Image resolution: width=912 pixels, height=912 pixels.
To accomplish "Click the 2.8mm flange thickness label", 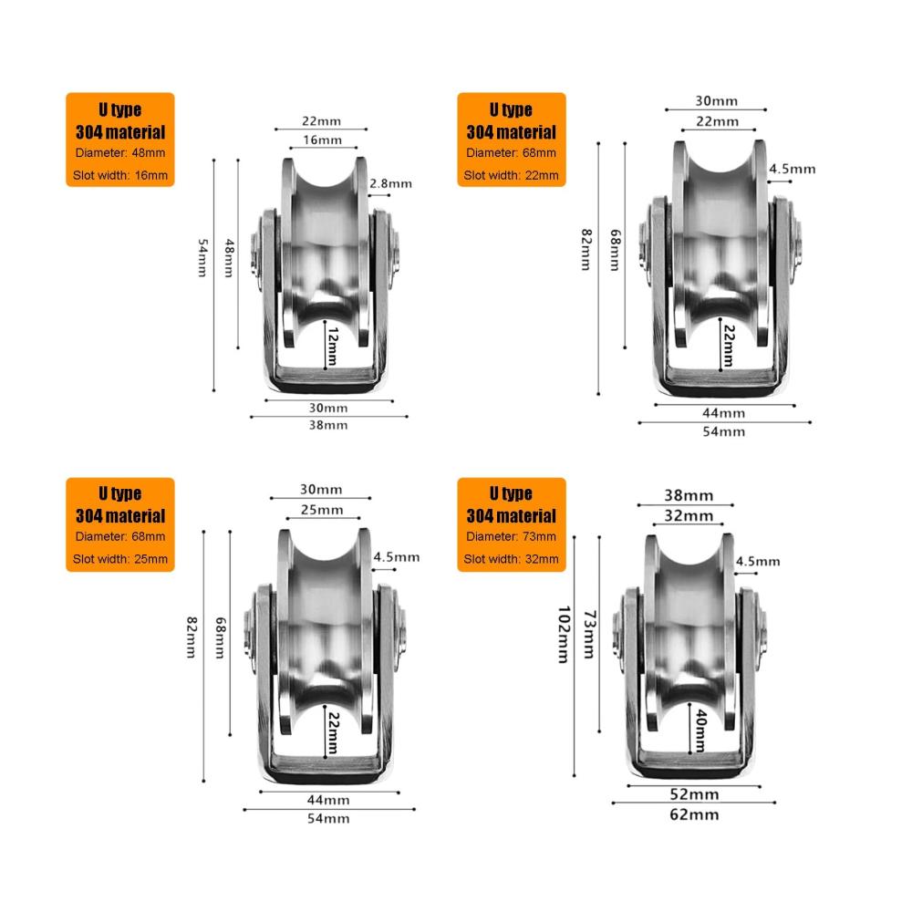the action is pyautogui.click(x=391, y=184).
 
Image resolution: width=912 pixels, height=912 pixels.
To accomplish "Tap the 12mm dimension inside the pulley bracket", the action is pyautogui.click(x=333, y=346).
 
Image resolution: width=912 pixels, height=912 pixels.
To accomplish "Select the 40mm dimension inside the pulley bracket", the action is pyautogui.click(x=701, y=731).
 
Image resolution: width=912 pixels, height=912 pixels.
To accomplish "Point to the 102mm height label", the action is pyautogui.click(x=564, y=635).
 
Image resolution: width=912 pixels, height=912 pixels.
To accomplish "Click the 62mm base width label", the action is pyautogui.click(x=694, y=814).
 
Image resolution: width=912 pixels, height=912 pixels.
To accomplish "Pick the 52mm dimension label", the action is pyautogui.click(x=694, y=794).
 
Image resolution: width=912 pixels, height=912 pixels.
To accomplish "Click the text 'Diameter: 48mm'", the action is pyautogui.click(x=120, y=153).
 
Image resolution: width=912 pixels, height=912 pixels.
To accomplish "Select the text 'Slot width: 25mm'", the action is pyautogui.click(x=120, y=559).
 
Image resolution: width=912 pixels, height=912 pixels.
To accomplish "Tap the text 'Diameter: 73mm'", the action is pyautogui.click(x=512, y=536).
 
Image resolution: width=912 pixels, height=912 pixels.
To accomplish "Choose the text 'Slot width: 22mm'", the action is pyautogui.click(x=512, y=175).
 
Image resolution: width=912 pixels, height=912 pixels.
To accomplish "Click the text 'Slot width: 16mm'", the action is pyautogui.click(x=120, y=175).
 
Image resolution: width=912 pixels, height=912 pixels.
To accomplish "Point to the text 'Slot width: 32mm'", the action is pyautogui.click(x=512, y=559).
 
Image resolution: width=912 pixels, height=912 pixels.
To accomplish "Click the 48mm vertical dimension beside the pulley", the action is pyautogui.click(x=230, y=258).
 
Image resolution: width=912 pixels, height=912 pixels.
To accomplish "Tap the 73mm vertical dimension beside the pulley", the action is pyautogui.click(x=590, y=634).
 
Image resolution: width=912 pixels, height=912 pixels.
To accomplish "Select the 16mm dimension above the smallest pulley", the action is pyautogui.click(x=322, y=140).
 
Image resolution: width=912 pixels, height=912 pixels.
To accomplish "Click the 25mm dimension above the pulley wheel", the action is pyautogui.click(x=322, y=510).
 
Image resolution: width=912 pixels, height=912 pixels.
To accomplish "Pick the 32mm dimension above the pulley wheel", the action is pyautogui.click(x=689, y=516).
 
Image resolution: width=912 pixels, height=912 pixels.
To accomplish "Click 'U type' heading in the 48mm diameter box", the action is pyautogui.click(x=119, y=109).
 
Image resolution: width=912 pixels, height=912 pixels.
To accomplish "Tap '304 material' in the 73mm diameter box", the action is pyautogui.click(x=512, y=516).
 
